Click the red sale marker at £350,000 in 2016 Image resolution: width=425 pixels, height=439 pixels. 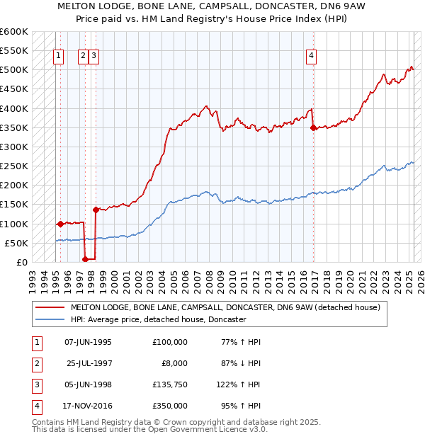(314, 127)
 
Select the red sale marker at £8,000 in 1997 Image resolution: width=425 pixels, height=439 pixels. (86, 259)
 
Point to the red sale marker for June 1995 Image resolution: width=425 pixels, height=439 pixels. (60, 224)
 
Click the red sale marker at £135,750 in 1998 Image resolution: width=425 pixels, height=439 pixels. (96, 210)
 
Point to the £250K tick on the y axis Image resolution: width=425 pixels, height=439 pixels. (14, 166)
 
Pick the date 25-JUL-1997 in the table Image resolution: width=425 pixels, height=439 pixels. (89, 364)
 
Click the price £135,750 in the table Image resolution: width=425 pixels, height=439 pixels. (169, 384)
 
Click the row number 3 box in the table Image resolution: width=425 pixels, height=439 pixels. (35, 384)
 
